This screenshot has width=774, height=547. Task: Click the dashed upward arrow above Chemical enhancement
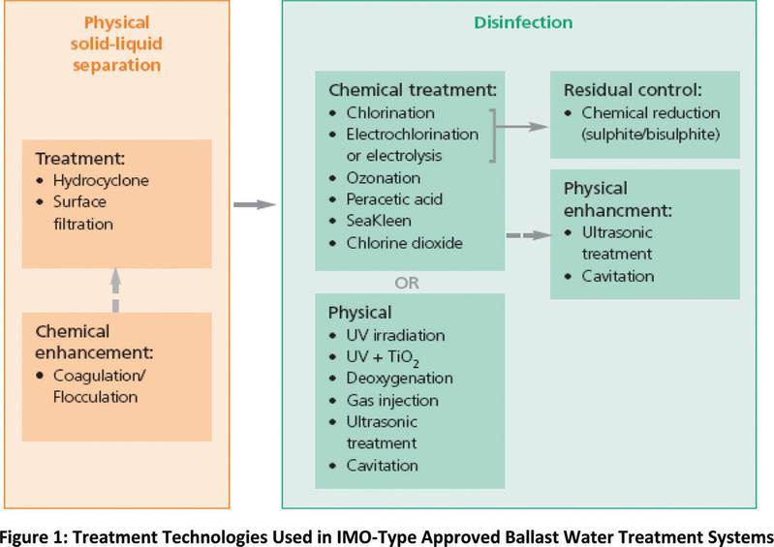[115, 290]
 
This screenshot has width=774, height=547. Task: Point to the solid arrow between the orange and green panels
[255, 204]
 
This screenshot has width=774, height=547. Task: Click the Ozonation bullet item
[384, 178]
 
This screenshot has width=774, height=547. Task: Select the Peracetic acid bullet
[395, 200]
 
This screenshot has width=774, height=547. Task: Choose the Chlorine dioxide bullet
[405, 243]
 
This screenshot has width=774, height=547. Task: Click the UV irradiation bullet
[395, 335]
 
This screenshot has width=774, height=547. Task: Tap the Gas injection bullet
[391, 400]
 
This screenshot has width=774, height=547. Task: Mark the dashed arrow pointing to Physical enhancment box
[530, 233]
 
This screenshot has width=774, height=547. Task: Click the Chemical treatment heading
[412, 90]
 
